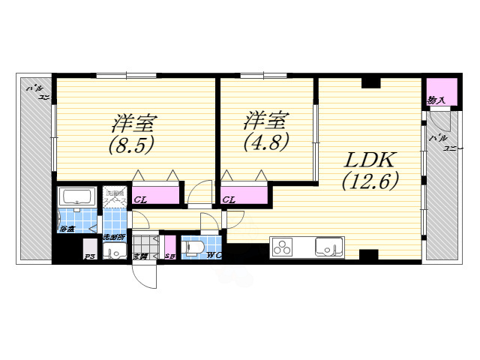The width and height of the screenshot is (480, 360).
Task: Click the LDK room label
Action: [x=370, y=160]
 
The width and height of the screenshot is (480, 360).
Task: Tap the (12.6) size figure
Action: [x=370, y=181]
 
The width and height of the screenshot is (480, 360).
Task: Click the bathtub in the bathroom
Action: [x=76, y=197]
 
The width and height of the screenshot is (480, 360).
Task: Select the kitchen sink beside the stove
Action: [x=328, y=246]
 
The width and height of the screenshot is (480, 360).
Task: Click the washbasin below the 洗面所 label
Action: [x=115, y=252]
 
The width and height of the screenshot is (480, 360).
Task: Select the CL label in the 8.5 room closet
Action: [x=139, y=200]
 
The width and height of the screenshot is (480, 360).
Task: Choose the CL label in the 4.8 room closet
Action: [x=229, y=200]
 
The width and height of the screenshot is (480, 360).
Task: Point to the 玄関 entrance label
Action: [x=140, y=256]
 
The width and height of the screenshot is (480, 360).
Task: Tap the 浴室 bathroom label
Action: [x=67, y=228]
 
